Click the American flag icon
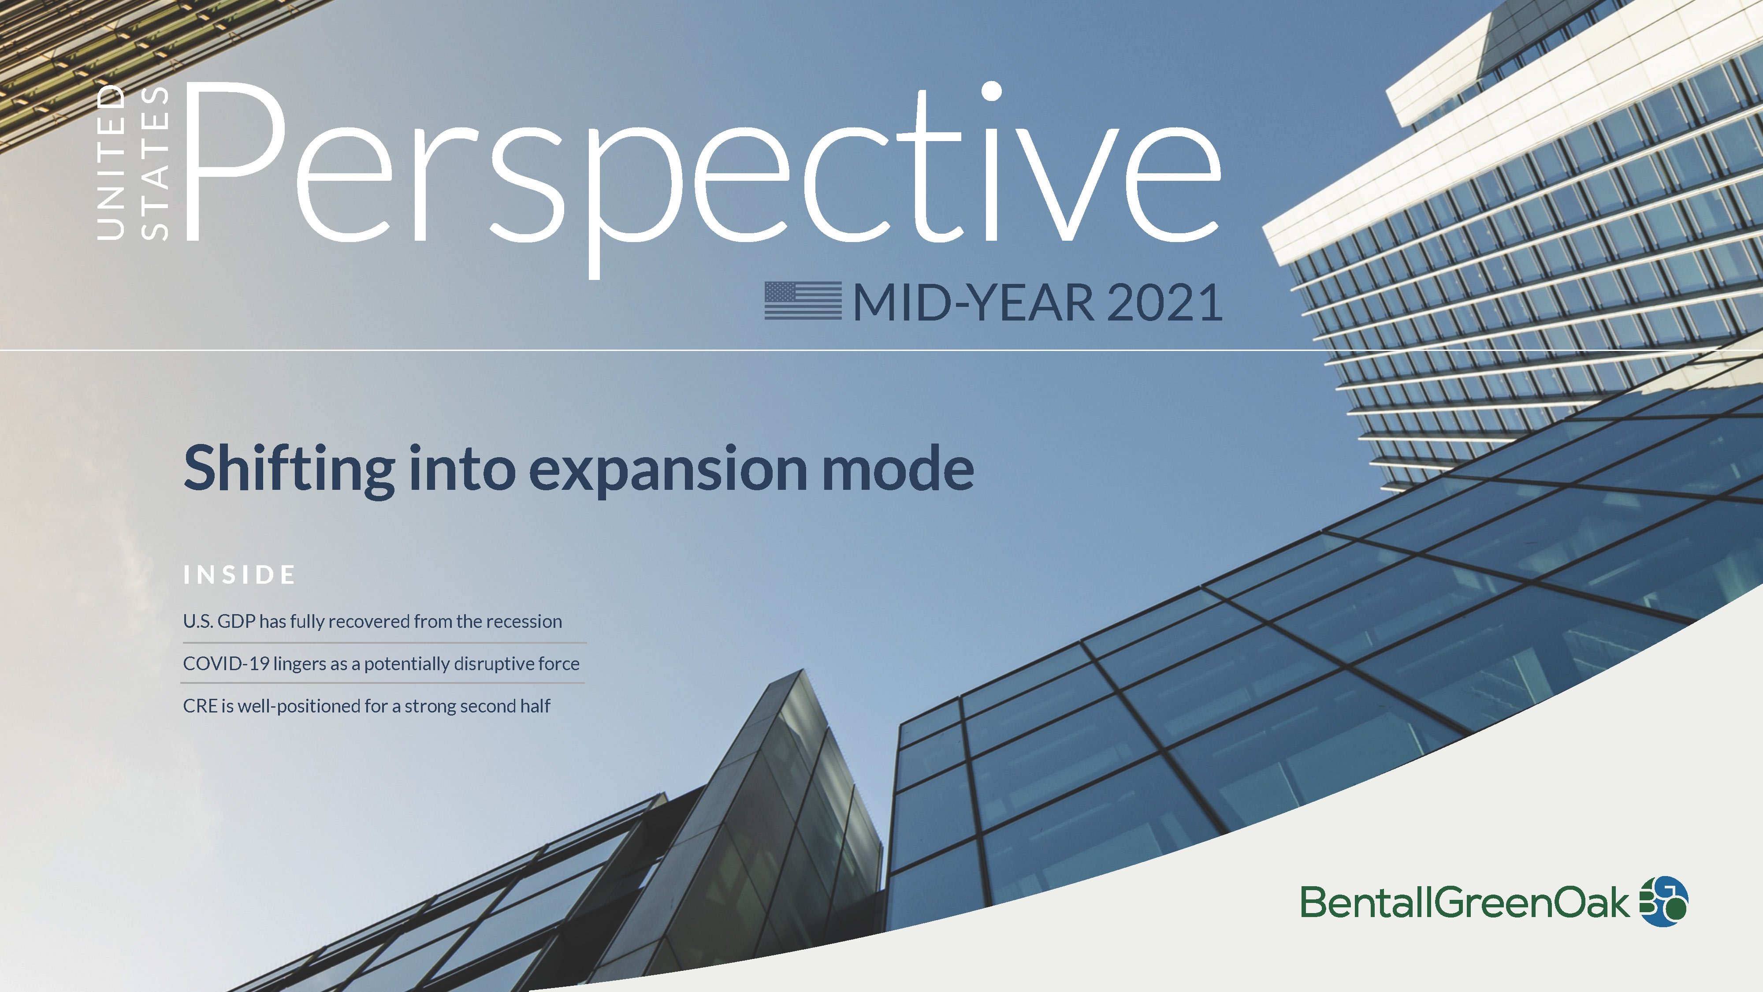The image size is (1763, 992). point(803,301)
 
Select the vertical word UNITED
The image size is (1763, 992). point(111,162)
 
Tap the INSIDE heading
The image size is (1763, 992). point(239,575)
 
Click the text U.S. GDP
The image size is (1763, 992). point(219,621)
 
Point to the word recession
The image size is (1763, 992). point(524,622)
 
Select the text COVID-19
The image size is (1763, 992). point(226,664)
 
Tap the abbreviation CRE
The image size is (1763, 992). point(200,706)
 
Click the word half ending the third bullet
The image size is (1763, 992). point(534,706)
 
